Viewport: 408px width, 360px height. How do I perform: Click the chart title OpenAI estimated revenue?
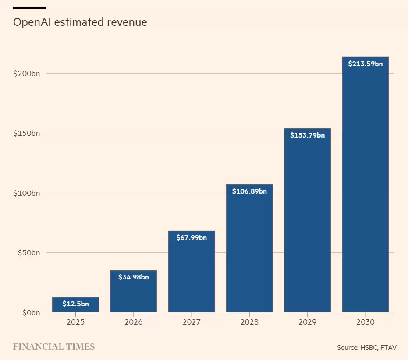[x=80, y=22]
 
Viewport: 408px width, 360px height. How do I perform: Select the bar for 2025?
[x=75, y=305]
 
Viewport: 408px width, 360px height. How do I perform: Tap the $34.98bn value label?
[x=133, y=277]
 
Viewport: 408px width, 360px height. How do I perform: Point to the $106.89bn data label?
[x=249, y=191]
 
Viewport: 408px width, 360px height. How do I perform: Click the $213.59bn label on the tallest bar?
[x=365, y=64]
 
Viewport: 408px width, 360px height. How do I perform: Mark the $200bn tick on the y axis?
[x=27, y=74]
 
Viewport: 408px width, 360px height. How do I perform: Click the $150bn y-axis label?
[x=27, y=133]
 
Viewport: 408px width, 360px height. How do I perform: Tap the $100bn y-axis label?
[x=27, y=193]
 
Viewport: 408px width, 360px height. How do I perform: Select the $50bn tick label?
[x=28, y=253]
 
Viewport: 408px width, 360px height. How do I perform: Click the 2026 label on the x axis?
[x=133, y=322]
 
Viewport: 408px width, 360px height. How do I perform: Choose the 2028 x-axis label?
[x=249, y=322]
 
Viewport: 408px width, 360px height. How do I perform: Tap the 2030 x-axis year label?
[x=365, y=322]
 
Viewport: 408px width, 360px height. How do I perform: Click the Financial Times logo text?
[x=54, y=347]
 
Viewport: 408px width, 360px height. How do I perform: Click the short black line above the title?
[x=29, y=7]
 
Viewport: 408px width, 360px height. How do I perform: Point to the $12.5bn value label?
[x=75, y=304]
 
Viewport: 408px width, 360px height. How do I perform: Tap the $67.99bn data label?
[x=192, y=238]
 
